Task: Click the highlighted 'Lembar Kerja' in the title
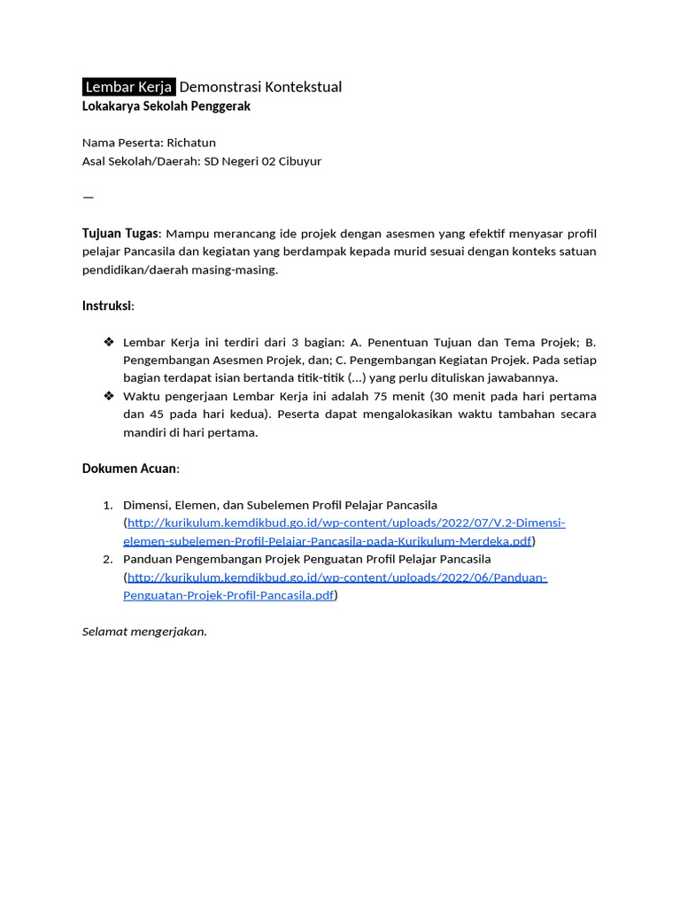[128, 87]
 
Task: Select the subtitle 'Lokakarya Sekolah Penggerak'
[166, 106]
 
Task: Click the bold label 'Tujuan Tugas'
[120, 233]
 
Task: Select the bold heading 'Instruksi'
[106, 306]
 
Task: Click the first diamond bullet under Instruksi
[109, 342]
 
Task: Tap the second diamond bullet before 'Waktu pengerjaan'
[109, 396]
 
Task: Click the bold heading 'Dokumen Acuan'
[130, 469]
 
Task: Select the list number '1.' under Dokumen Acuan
[107, 505]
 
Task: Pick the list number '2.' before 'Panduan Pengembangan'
[107, 560]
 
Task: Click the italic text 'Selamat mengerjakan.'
[144, 632]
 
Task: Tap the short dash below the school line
[88, 197]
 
